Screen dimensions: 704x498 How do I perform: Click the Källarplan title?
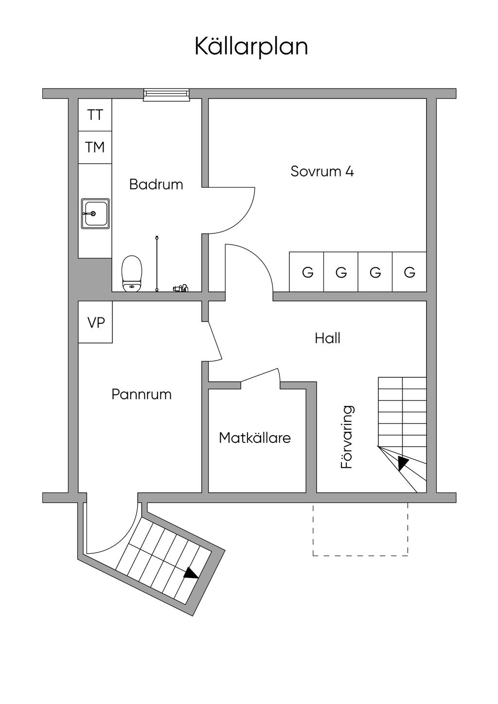pos(251,47)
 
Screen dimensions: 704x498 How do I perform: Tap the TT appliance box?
pos(95,115)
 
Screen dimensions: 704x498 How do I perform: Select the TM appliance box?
pos(95,147)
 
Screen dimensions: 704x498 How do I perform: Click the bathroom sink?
pos(95,213)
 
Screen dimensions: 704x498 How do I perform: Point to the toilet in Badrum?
pos(131,273)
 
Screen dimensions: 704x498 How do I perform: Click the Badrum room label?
pos(156,185)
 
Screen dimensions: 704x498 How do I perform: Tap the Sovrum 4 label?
pos(322,172)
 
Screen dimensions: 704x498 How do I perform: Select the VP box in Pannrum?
pos(96,322)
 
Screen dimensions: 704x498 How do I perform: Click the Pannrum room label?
pos(142,394)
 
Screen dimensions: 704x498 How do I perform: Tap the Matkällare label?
pos(254,438)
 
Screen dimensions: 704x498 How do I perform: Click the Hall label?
pos(327,338)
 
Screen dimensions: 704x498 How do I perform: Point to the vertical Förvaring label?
pos(347,437)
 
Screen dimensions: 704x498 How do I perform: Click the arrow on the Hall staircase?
pos(402,463)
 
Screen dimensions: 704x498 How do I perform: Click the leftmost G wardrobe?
pos(307,272)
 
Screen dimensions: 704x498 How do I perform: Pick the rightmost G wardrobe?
pos(409,272)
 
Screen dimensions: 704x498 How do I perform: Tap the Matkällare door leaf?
pos(260,375)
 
